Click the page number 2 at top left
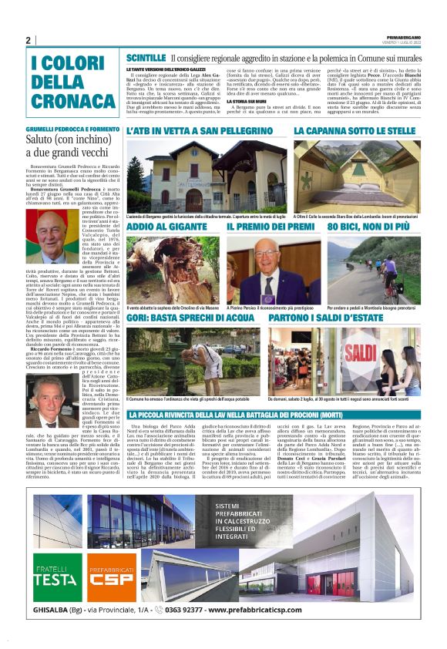pyautogui.click(x=28, y=40)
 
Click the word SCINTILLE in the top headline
pyautogui.click(x=145, y=58)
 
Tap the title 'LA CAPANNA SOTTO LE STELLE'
pyautogui.click(x=356, y=133)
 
